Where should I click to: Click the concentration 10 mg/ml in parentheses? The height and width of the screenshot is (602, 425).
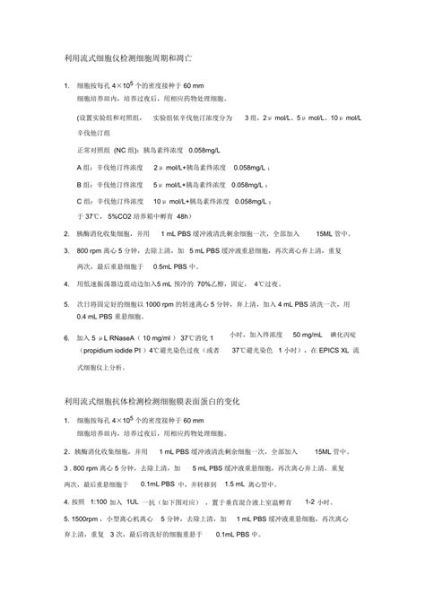[169, 338]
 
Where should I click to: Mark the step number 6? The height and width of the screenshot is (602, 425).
[66, 338]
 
